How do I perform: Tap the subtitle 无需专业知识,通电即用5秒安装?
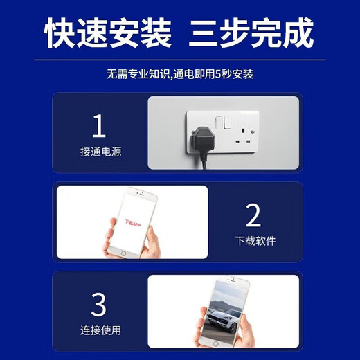point(180,73)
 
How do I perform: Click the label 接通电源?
point(100,152)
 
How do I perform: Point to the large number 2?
point(253,216)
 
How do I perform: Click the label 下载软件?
point(255,241)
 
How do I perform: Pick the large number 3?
point(99,304)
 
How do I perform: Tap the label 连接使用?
point(100,330)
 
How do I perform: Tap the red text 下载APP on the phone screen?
point(132,225)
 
